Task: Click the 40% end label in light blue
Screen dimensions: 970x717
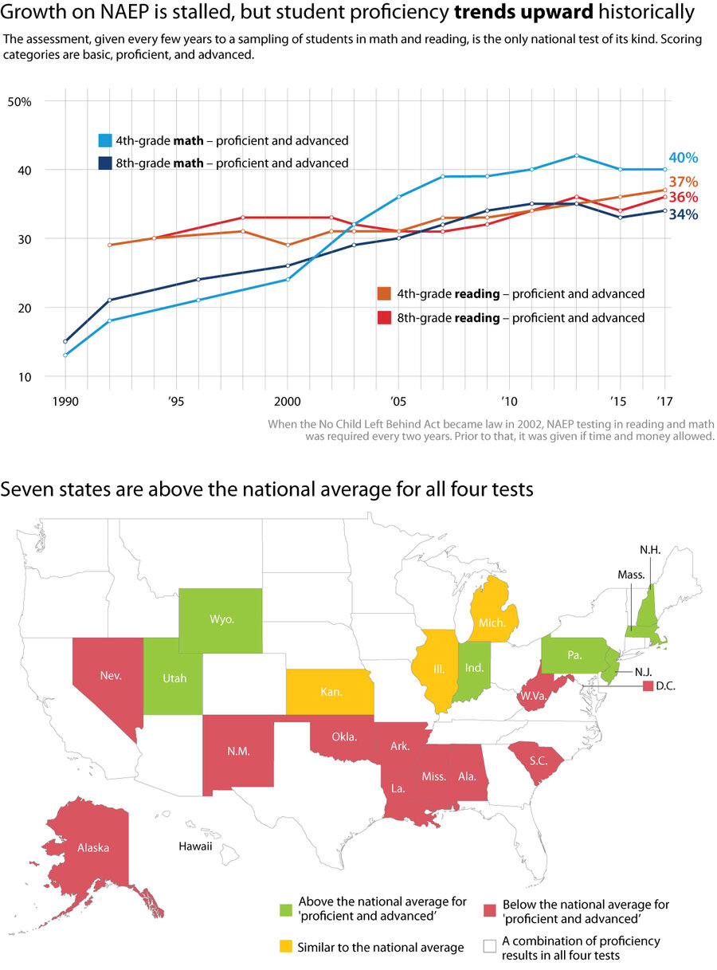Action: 682,159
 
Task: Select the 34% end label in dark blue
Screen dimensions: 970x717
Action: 683,214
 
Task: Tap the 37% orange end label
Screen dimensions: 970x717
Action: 683,182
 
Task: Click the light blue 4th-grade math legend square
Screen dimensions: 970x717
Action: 104,141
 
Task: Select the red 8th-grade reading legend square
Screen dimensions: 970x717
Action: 383,318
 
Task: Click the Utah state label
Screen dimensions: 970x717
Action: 174,678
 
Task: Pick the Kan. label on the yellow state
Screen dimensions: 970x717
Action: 331,692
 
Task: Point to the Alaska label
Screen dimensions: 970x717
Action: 93,847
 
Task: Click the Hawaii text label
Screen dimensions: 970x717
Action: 194,846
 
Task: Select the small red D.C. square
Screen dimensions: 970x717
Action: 648,685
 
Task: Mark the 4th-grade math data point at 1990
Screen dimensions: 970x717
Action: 65,355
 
